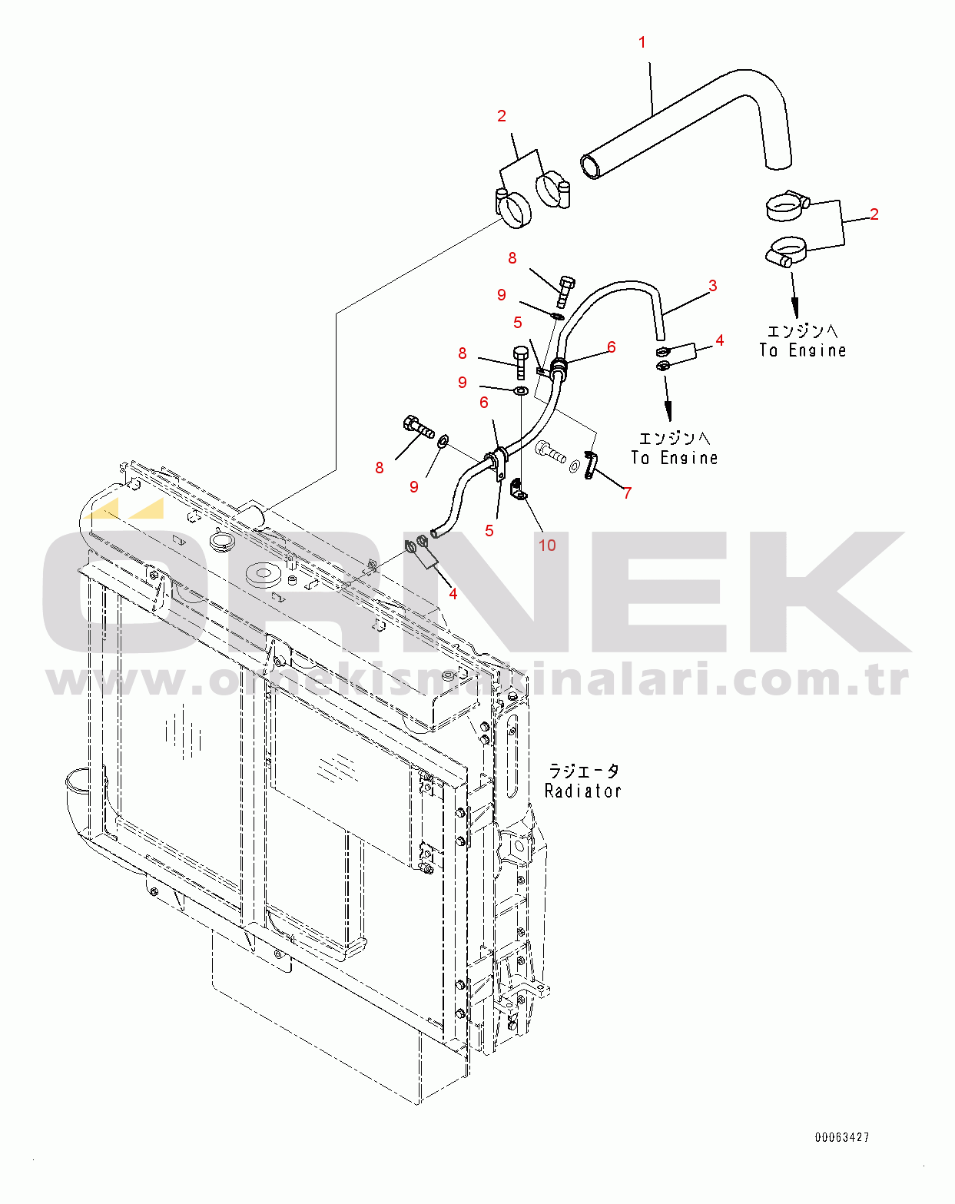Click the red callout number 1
[642, 43]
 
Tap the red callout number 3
[713, 287]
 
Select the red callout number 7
[627, 493]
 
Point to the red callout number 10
[547, 546]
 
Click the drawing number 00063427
[842, 1137]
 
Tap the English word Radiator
[582, 791]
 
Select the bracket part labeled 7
[590, 465]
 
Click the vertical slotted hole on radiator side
[512, 754]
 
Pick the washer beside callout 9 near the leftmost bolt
[443, 443]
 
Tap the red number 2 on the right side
[874, 214]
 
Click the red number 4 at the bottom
[453, 594]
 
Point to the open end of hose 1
[591, 166]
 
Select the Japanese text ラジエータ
[584, 771]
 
